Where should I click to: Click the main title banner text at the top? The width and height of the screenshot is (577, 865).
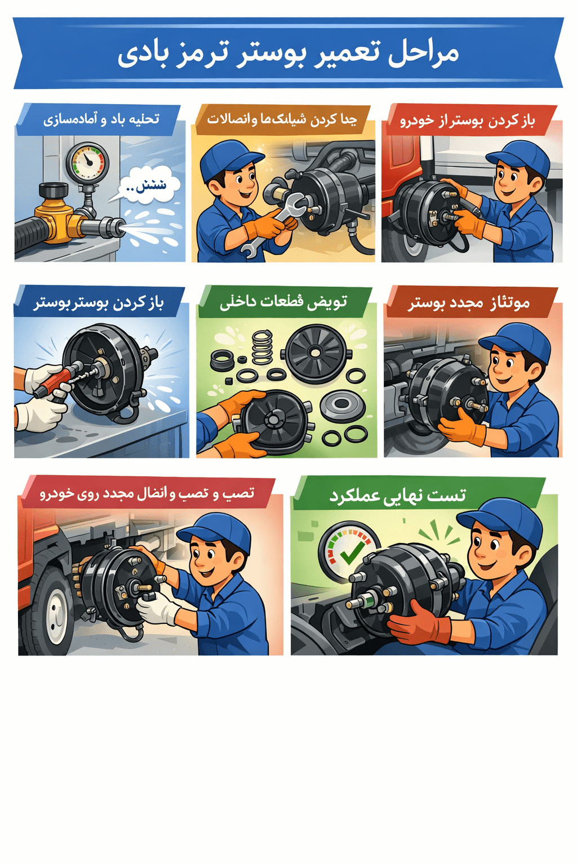point(288,53)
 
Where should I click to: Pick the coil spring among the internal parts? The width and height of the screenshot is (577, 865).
point(261,346)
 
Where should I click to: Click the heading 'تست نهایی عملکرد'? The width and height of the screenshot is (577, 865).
point(398,495)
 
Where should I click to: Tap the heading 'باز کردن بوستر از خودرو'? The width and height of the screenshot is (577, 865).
point(467,121)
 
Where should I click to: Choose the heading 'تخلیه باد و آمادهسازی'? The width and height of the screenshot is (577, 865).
point(101,119)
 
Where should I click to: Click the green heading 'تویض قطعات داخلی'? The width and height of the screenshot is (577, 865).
point(283,302)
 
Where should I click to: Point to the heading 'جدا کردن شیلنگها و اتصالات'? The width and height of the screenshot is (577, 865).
point(282,119)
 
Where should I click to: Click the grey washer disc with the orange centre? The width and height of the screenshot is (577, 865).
point(342,405)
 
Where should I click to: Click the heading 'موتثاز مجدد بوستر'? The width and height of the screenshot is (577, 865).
point(469,302)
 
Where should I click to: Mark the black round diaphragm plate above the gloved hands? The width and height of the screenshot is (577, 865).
point(315,353)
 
